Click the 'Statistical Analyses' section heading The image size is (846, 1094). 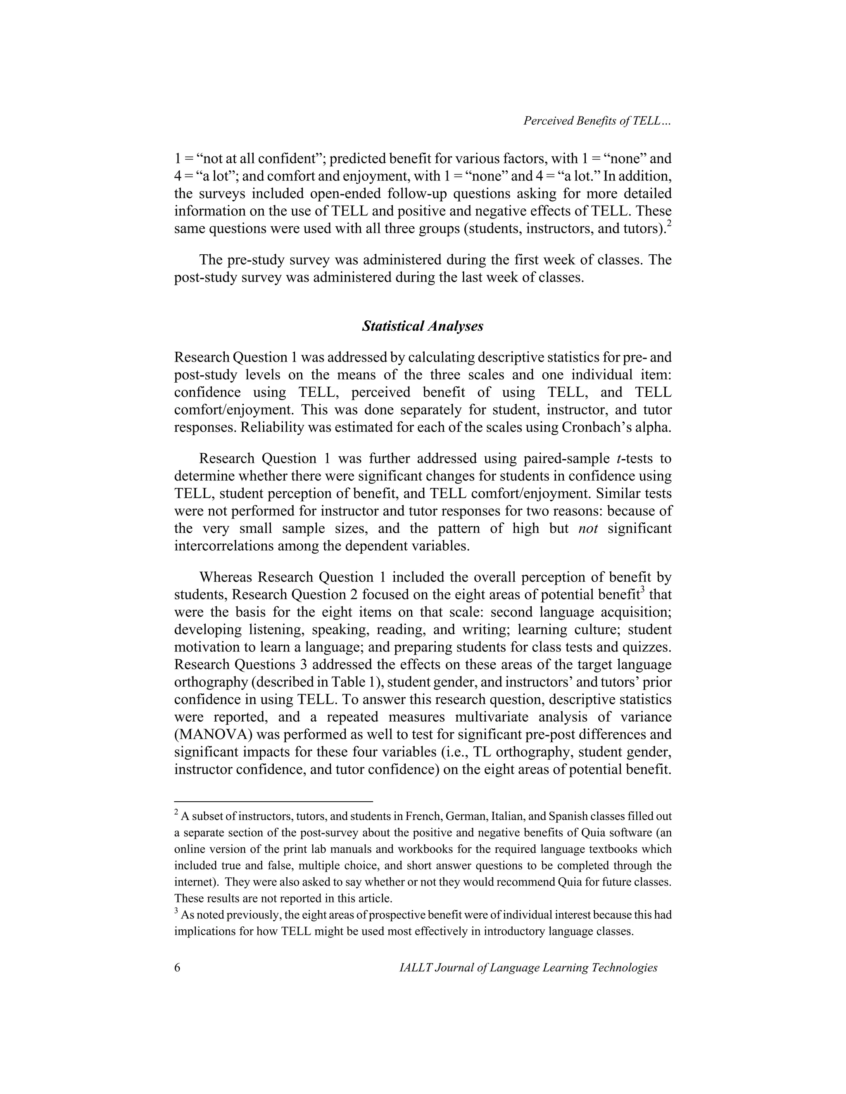click(423, 326)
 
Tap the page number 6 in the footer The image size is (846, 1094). click(177, 967)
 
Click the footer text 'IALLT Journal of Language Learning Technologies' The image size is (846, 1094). click(528, 967)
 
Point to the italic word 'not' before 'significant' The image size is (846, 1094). click(588, 528)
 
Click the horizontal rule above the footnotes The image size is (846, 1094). click(273, 801)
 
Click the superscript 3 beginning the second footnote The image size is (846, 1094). click(176, 911)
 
